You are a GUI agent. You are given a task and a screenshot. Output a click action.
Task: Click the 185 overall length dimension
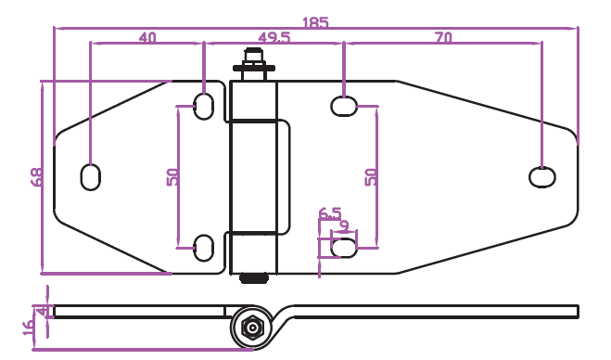pos(315,22)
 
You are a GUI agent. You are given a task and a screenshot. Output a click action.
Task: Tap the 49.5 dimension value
pos(274,37)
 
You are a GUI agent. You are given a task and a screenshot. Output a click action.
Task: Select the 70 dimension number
pos(443,37)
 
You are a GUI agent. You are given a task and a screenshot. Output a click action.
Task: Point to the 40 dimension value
pos(147,37)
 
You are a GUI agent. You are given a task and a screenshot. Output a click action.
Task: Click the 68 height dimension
pos(37,177)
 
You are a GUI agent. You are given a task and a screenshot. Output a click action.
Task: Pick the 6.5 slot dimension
pos(330,213)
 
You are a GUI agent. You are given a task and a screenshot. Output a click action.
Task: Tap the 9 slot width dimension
pos(345,225)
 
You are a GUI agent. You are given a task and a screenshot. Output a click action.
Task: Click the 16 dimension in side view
pos(29,328)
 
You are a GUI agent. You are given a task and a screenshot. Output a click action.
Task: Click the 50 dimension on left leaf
pos(173,177)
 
